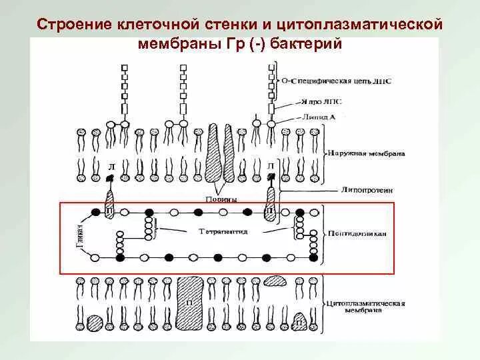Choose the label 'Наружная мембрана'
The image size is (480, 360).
[x=366, y=153]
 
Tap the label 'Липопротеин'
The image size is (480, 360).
[x=363, y=189]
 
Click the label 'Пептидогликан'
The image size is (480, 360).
[x=364, y=233]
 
